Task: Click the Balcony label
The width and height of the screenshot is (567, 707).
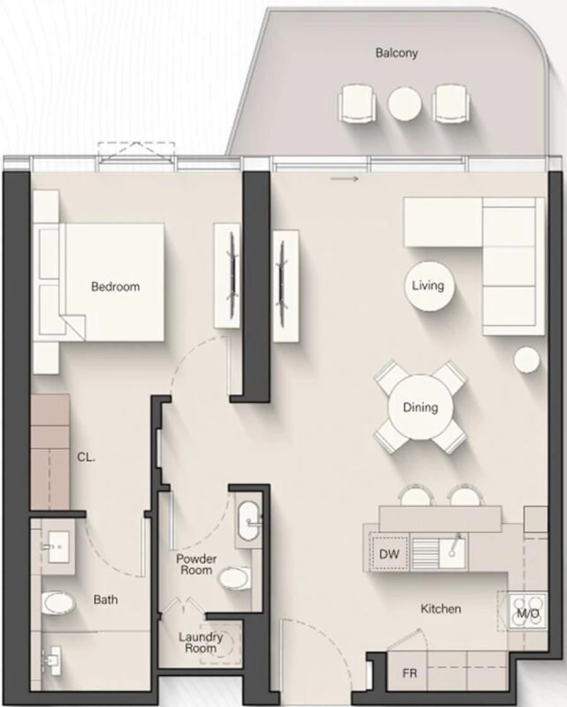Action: [396, 53]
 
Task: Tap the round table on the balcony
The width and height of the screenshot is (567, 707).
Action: [404, 103]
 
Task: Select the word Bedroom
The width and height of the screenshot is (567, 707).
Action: [115, 287]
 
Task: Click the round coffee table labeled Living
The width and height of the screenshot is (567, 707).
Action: [428, 286]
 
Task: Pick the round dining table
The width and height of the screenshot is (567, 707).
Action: [420, 407]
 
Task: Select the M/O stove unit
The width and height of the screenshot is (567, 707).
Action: [528, 612]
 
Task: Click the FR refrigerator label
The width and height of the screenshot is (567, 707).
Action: [409, 674]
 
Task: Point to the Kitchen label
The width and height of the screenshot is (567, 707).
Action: [441, 609]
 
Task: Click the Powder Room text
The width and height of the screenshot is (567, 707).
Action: [196, 564]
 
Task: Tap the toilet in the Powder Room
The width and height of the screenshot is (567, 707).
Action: [236, 577]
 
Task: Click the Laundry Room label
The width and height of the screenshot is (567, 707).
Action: [197, 643]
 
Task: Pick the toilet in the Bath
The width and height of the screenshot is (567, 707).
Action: [58, 603]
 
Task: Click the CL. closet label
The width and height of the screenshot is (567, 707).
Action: [86, 459]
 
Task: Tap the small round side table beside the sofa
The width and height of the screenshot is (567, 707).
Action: [526, 360]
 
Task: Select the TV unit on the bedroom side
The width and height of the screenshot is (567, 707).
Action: [227, 275]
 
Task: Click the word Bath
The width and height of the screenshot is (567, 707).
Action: [106, 599]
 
